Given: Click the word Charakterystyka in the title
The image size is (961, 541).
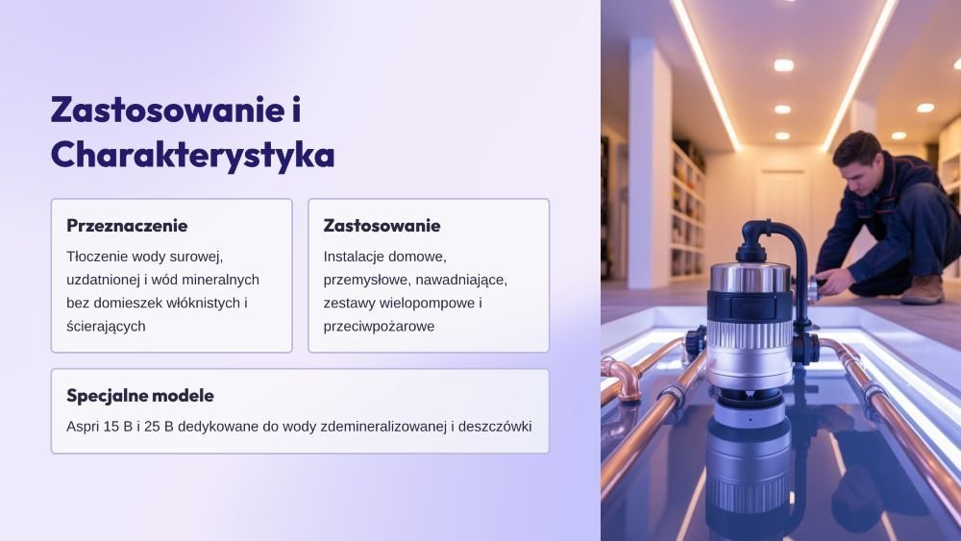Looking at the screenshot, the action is click(x=192, y=155).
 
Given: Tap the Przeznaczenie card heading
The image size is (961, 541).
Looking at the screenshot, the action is click(x=127, y=226).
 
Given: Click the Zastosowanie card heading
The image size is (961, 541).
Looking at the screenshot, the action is click(x=382, y=226).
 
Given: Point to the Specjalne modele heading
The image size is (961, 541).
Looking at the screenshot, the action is click(x=140, y=395).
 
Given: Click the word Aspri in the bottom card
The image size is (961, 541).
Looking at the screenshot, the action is click(x=83, y=427).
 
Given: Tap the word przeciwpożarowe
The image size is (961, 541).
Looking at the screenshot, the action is click(x=379, y=327).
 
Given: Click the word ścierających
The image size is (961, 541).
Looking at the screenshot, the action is click(x=106, y=327).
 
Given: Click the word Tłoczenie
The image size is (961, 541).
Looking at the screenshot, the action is click(x=97, y=257).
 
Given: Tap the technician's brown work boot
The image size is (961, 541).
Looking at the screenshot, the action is click(x=923, y=290).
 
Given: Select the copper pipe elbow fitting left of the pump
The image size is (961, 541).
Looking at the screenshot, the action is click(x=621, y=380).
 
